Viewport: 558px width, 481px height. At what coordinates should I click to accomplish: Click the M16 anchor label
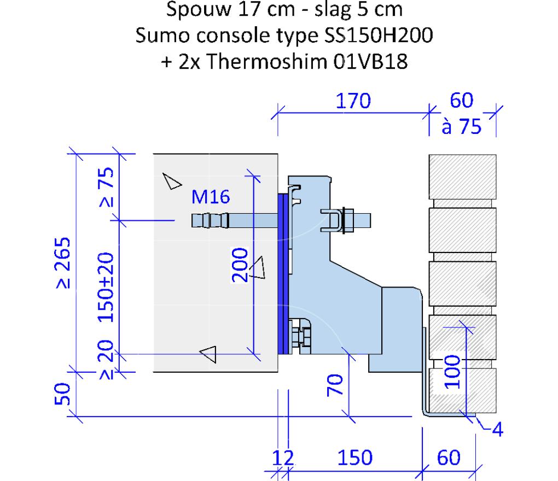pos(211,197)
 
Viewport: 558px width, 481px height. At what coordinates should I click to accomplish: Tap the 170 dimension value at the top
pos(353,101)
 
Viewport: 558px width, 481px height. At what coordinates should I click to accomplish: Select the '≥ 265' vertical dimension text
pos(63,263)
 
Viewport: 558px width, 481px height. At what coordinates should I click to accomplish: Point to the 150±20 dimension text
pos(106,288)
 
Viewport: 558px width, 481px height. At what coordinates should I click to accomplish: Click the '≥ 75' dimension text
pos(107,187)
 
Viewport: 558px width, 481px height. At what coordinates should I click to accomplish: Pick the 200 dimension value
pos(240,265)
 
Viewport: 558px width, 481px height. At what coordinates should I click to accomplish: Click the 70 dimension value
pos(335,385)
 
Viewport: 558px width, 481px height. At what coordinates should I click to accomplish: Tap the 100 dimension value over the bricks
pos(452,372)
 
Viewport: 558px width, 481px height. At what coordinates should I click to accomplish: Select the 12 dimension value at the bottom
pos(283,458)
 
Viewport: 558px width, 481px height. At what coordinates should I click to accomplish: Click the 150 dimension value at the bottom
pos(355,457)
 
